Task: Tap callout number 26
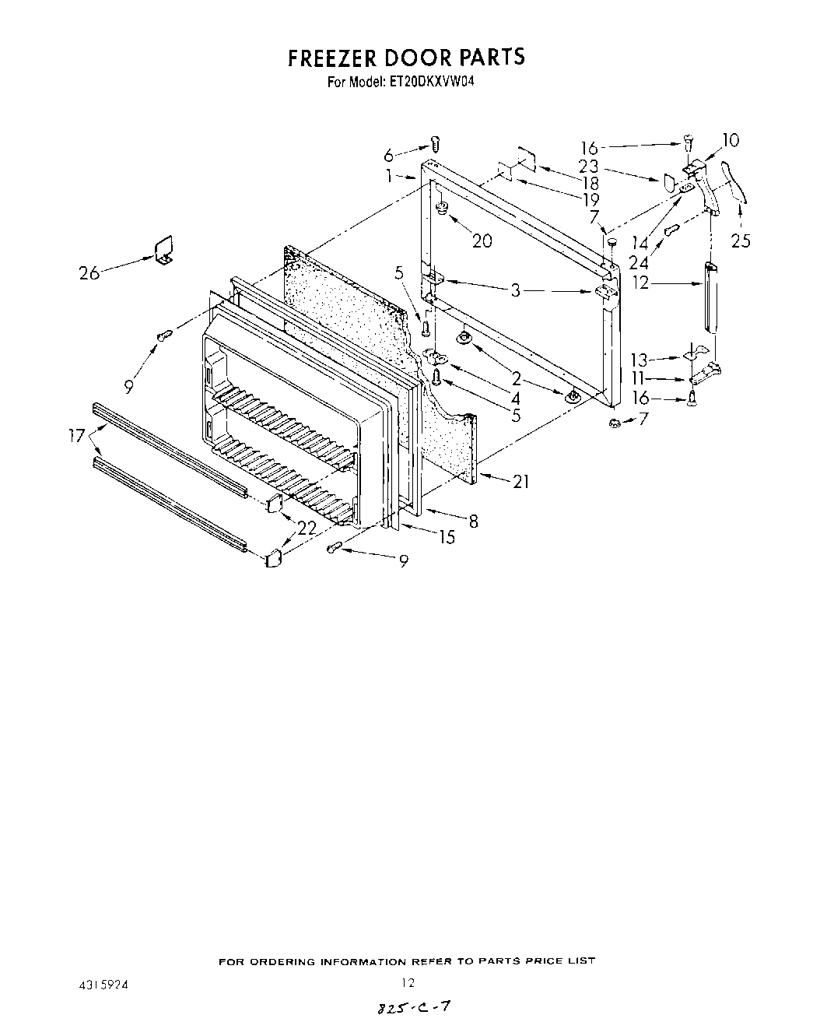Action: [x=90, y=272]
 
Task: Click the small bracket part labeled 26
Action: [x=163, y=251]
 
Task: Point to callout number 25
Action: [x=741, y=241]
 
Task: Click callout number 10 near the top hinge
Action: [x=731, y=140]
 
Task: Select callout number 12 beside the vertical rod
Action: [x=641, y=284]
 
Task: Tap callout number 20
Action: [x=482, y=241]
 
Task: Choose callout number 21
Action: [x=520, y=482]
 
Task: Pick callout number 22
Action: [x=307, y=527]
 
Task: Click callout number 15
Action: [x=447, y=536]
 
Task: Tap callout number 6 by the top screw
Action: [x=410, y=155]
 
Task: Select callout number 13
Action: [x=640, y=360]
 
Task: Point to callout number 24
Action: [x=639, y=262]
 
